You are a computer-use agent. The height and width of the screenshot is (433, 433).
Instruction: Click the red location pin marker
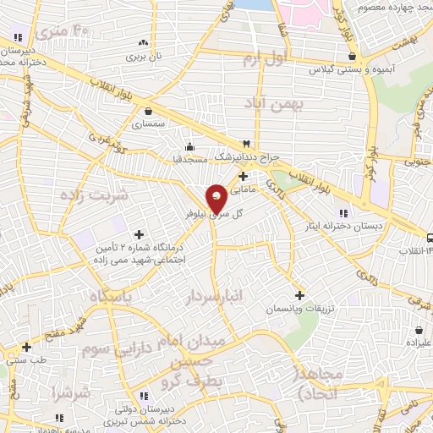(217, 197)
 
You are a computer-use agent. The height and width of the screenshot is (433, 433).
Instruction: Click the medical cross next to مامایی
(244, 176)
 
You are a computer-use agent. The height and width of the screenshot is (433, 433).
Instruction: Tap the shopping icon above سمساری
(149, 110)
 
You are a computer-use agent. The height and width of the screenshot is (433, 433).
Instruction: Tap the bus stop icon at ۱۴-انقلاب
(429, 238)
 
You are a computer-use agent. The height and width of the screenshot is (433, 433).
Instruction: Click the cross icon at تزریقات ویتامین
(296, 295)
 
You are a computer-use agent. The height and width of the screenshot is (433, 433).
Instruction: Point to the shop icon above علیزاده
(419, 331)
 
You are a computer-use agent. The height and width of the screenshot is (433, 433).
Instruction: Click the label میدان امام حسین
(190, 347)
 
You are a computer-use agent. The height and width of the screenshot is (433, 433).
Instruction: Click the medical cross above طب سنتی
(26, 347)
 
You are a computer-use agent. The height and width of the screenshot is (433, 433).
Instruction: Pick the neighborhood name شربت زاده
(94, 195)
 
